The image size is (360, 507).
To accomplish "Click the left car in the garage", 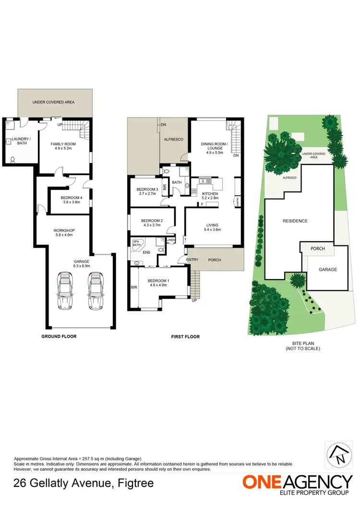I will pyautogui.click(x=64, y=291).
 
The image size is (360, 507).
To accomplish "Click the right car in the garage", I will pyautogui.click(x=96, y=291).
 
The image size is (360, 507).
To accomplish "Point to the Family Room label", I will pyautogui.click(x=64, y=144).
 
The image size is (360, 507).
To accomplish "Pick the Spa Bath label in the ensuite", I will pyautogui.click(x=137, y=243).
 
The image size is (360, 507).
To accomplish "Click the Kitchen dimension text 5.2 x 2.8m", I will pyautogui.click(x=210, y=198).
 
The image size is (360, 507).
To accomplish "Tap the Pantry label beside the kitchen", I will pyautogui.click(x=237, y=201).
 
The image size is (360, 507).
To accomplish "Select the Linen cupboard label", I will pyautogui.click(x=171, y=240).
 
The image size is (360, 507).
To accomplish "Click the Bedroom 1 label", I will pyautogui.click(x=157, y=281).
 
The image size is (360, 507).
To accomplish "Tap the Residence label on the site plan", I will pyautogui.click(x=295, y=221).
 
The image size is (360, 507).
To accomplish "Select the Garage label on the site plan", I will pyautogui.click(x=327, y=270).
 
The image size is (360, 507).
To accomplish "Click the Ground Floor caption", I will pyautogui.click(x=59, y=336).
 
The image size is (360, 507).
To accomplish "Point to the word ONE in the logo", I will pyautogui.click(x=262, y=482).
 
